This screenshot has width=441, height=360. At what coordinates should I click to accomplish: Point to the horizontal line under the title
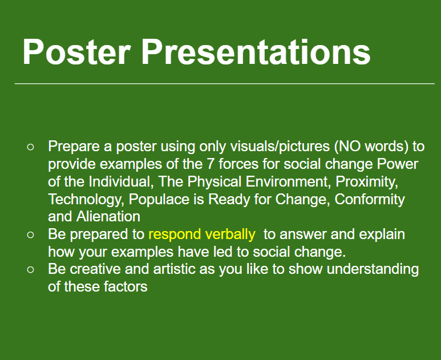[x=224, y=84]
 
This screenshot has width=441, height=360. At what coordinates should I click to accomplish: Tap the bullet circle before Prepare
[x=31, y=147]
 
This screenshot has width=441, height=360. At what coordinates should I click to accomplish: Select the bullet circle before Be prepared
[x=31, y=234]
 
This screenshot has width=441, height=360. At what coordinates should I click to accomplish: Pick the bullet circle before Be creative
[x=31, y=269]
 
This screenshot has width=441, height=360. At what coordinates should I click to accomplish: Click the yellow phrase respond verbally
[x=201, y=234]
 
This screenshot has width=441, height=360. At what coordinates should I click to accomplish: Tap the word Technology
[x=86, y=200]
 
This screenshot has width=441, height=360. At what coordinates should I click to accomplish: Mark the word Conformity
[x=370, y=200]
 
